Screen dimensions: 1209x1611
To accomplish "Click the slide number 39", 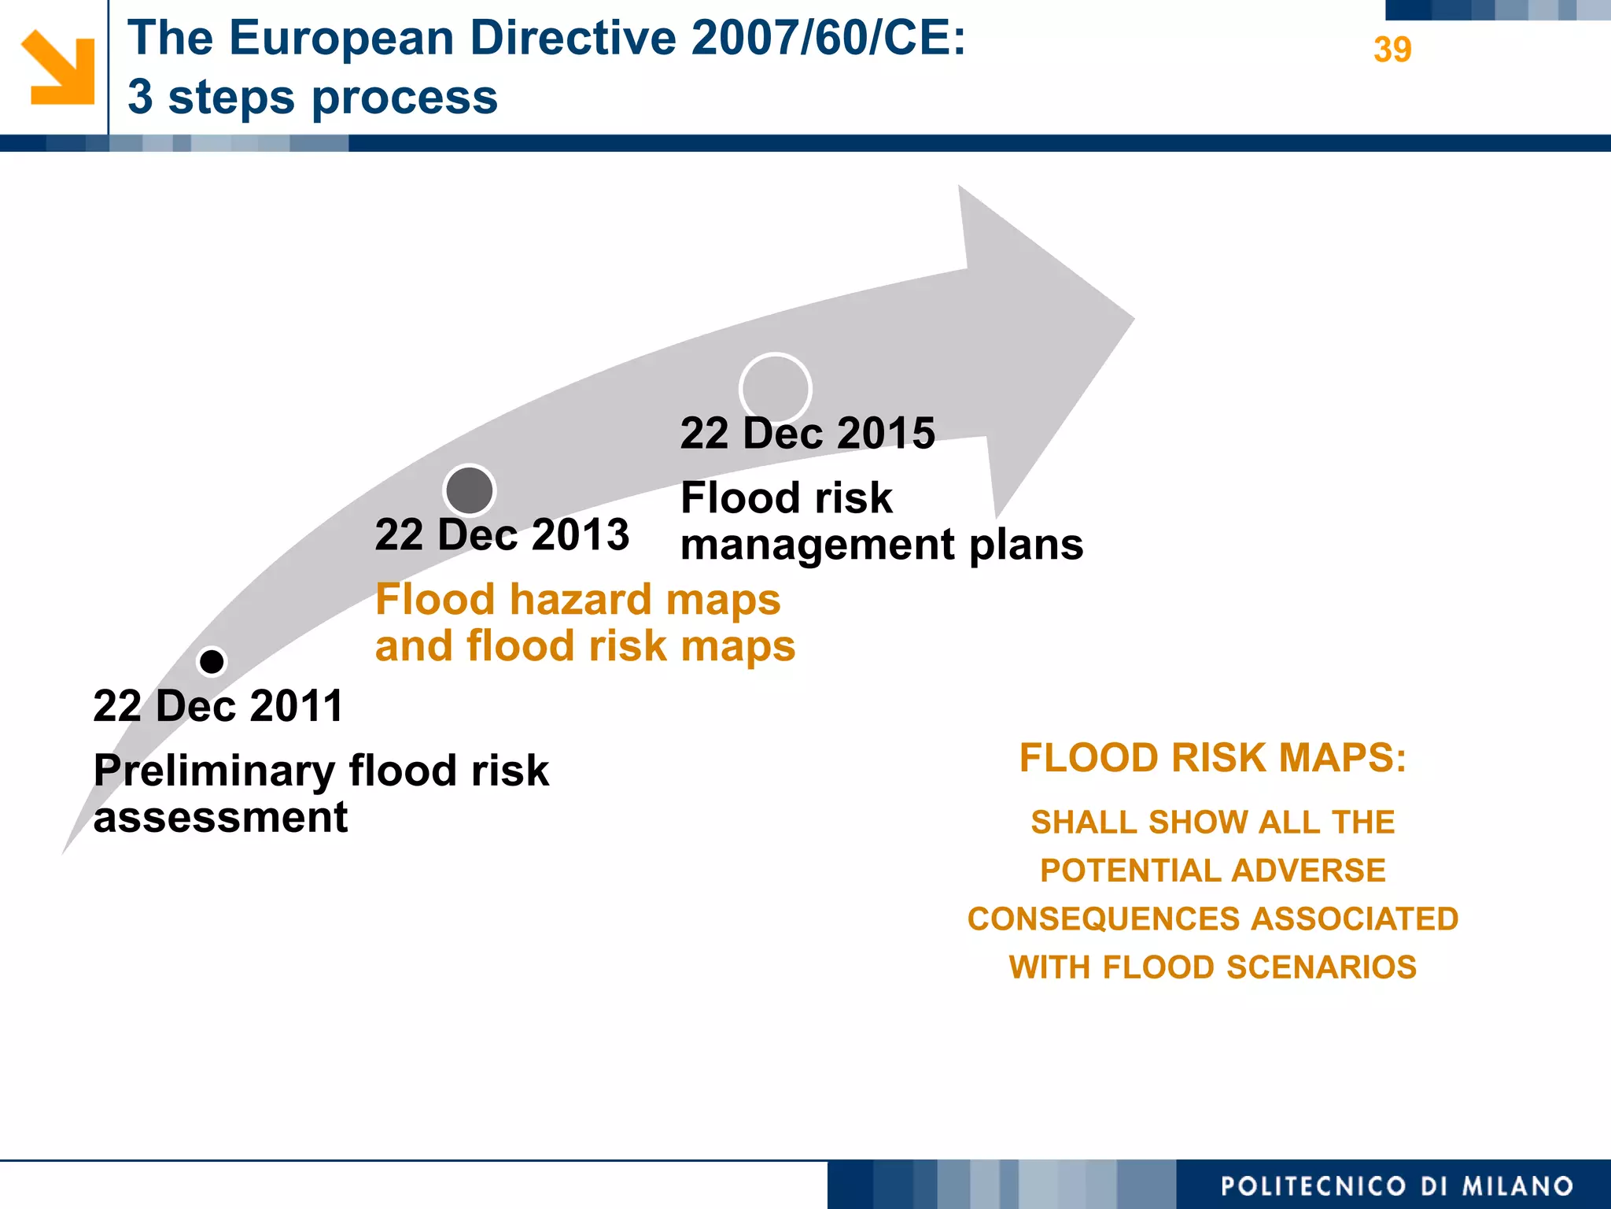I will [1392, 50].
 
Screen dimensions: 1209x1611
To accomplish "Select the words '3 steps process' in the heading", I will [312, 97].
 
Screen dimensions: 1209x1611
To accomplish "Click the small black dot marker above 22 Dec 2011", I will [212, 662].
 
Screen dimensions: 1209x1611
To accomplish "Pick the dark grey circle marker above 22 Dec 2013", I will [470, 490].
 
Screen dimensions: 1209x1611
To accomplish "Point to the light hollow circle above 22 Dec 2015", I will [775, 389].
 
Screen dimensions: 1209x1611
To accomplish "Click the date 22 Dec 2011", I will [218, 706].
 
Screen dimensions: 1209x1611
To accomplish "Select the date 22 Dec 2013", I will [502, 535].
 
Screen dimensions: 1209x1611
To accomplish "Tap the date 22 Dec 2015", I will [807, 434].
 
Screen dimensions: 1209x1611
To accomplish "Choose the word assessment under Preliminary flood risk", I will [220, 818].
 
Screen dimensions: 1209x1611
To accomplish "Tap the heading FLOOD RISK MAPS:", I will [1212, 758].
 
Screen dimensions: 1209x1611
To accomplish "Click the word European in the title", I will [341, 38].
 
